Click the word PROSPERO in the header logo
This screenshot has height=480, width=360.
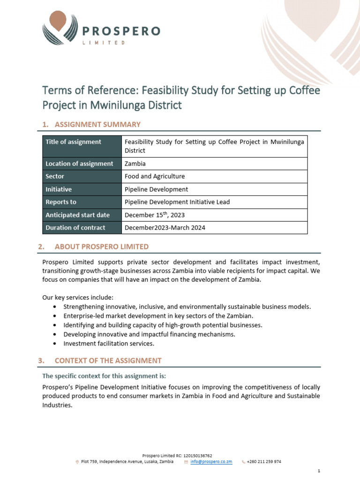pos(121,31)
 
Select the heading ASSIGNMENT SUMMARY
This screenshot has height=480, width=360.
pos(97,124)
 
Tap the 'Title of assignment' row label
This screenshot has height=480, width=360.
pos(73,142)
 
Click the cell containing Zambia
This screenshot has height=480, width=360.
pos(135,164)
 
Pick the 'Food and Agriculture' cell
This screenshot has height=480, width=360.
pos(154,176)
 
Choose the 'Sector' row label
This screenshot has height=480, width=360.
pos(55,176)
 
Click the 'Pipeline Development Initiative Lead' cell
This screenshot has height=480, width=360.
pos(177,202)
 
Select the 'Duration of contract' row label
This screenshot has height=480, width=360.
pos(75,228)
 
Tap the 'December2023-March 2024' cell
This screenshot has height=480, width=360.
pos(165,228)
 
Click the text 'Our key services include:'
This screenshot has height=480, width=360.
pos(78,298)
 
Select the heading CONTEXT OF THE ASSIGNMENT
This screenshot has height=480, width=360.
pos(108,360)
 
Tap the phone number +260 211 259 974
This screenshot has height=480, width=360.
pos(264,462)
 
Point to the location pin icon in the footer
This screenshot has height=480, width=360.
pos(77,462)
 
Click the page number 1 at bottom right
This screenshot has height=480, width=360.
pos(318,471)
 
